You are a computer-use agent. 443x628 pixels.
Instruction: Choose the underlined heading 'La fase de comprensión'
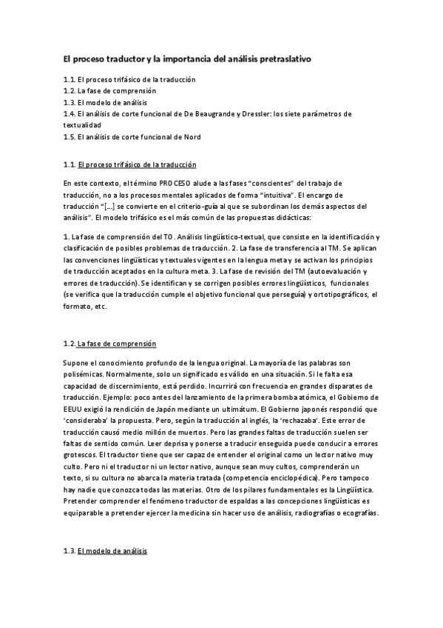pos(117,344)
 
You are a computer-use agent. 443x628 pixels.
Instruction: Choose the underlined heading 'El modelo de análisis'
pos(112,552)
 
